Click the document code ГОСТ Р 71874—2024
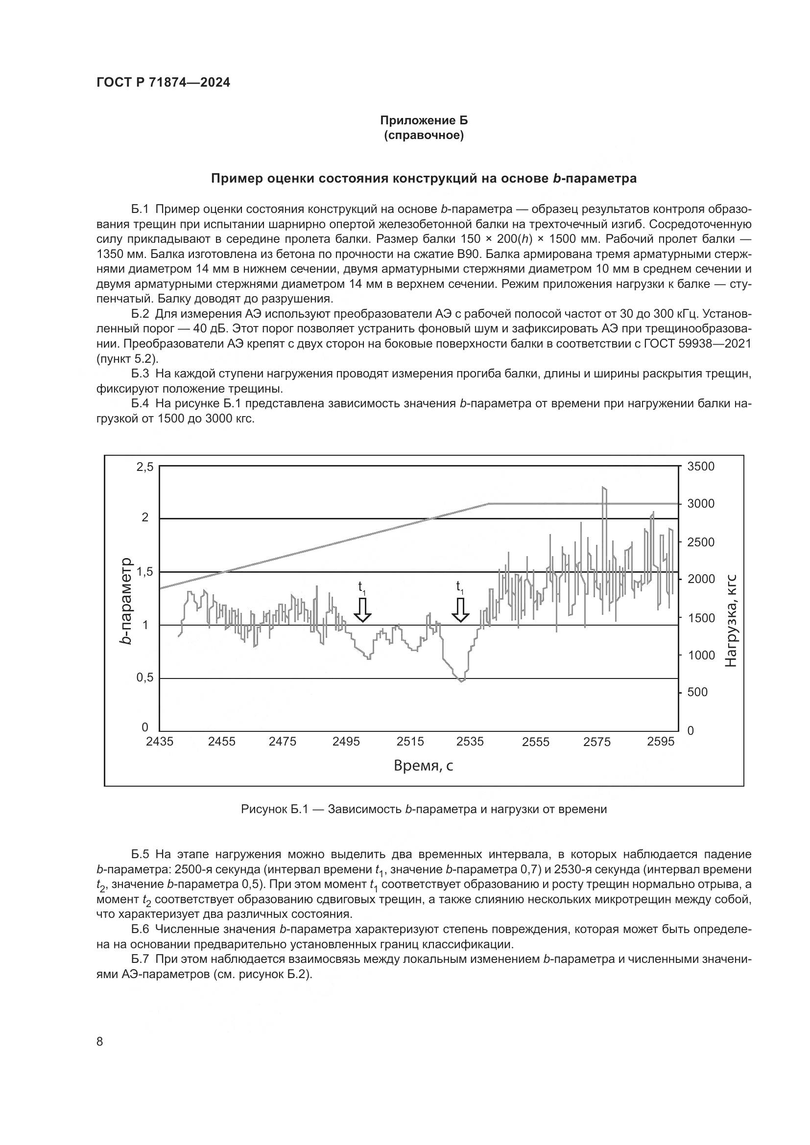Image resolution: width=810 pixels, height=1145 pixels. [x=163, y=83]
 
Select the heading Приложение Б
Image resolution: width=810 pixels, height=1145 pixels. [x=424, y=120]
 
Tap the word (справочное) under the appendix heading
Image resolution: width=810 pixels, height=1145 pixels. [x=424, y=136]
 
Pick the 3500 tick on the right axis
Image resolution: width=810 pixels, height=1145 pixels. [x=701, y=467]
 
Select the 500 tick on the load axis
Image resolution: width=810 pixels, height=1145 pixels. [x=697, y=692]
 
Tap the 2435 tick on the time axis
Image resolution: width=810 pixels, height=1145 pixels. [x=160, y=742]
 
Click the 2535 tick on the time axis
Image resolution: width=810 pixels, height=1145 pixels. [x=470, y=742]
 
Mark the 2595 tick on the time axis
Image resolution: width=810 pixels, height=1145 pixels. [x=661, y=742]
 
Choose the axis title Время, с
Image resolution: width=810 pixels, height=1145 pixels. [x=424, y=765]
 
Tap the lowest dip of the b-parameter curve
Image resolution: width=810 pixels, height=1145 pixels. [x=461, y=681]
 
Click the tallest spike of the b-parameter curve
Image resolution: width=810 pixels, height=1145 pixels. [x=604, y=488]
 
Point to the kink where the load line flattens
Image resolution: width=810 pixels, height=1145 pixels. [x=489, y=504]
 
